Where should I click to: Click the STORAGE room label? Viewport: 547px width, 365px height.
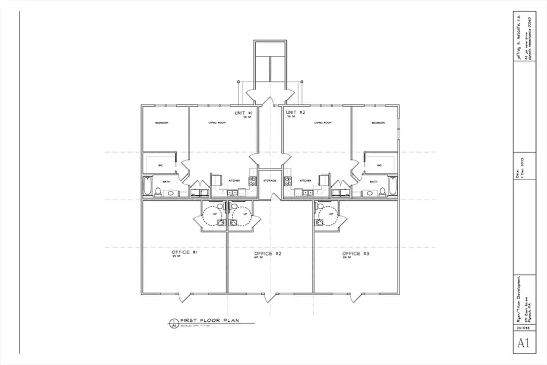tap(270, 181)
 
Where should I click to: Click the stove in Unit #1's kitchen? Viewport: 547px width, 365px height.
tap(216, 181)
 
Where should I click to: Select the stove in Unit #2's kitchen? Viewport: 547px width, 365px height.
tap(288, 181)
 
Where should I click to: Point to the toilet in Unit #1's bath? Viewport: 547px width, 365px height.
tap(158, 193)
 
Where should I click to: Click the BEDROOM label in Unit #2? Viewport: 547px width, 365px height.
tap(377, 123)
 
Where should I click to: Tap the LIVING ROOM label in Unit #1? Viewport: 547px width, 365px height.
tap(217, 123)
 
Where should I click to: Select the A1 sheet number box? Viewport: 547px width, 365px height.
tap(523, 344)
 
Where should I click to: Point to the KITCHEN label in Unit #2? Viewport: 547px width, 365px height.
tap(306, 181)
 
